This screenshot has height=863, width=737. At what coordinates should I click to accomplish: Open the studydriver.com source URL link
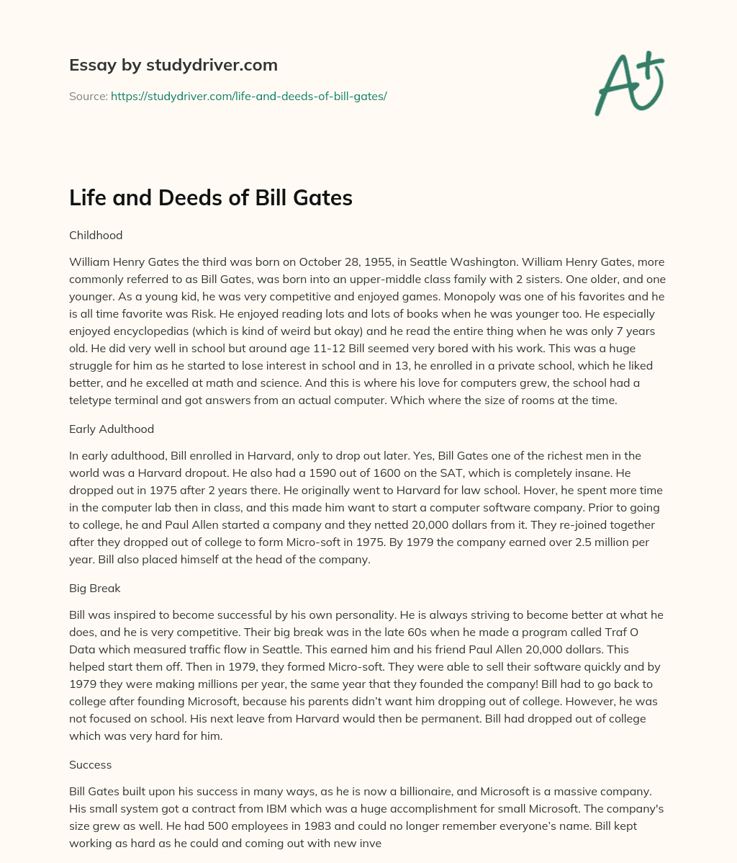tap(248, 96)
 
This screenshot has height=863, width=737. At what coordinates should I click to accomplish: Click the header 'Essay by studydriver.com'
tap(173, 66)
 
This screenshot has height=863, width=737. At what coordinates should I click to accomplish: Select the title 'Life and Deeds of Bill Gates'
tap(210, 198)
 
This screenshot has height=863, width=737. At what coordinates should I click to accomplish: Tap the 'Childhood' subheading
tap(96, 235)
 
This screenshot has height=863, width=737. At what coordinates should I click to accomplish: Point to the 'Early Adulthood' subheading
tap(112, 429)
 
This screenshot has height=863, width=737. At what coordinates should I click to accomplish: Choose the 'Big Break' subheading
tap(95, 588)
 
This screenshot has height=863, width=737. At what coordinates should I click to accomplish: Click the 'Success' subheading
tap(90, 764)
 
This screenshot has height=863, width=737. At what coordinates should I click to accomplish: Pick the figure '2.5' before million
tap(523, 542)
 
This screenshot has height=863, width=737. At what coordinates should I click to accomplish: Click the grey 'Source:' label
tap(88, 96)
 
